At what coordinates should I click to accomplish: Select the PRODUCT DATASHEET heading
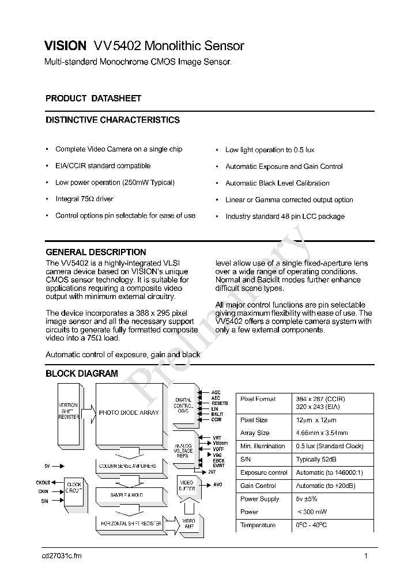[x=93, y=99]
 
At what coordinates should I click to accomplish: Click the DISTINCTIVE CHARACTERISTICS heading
[x=112, y=120]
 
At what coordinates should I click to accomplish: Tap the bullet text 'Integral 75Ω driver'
[x=84, y=199]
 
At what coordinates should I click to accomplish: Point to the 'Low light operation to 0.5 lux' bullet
[x=270, y=150]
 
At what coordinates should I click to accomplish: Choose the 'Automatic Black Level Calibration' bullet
[x=277, y=183]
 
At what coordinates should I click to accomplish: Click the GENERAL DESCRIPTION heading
[x=96, y=252]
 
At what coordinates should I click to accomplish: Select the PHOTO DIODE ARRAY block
[x=129, y=412]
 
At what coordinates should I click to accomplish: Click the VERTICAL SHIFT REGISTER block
[x=69, y=411]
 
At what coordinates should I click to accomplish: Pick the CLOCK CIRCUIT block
[x=74, y=488]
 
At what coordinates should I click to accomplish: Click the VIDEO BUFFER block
[x=187, y=485]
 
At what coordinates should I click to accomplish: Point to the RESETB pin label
[x=220, y=403]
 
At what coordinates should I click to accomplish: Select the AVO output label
[x=217, y=484]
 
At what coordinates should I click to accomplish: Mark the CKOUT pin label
[x=43, y=482]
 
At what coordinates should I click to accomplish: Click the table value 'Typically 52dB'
[x=316, y=459]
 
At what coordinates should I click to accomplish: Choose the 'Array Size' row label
[x=255, y=433]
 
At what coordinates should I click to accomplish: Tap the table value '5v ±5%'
[x=307, y=499]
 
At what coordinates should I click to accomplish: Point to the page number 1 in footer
[x=366, y=555]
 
